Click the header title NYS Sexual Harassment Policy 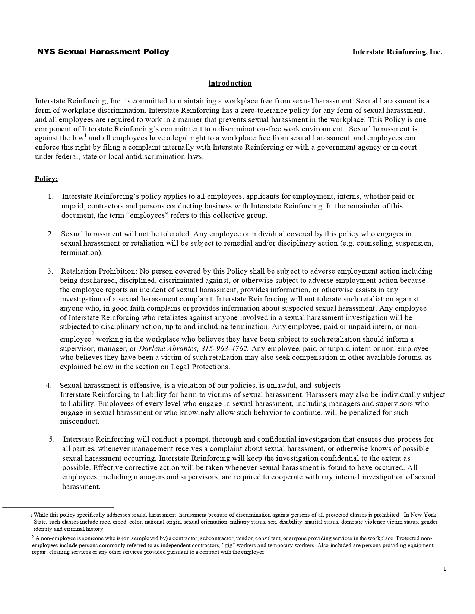click(103, 52)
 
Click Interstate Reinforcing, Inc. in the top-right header click(397, 52)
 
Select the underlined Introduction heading click(230, 83)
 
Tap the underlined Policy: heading click(46, 179)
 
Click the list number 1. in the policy click(51, 196)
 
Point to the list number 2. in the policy click(50, 234)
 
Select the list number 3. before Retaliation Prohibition click(50, 271)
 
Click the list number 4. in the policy click(49, 385)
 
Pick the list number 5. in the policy click(52, 439)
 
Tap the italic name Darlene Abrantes click(168, 349)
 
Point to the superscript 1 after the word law click(85, 136)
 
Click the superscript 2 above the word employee click(93, 333)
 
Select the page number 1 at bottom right click(445, 569)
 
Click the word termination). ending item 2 click(82, 253)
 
